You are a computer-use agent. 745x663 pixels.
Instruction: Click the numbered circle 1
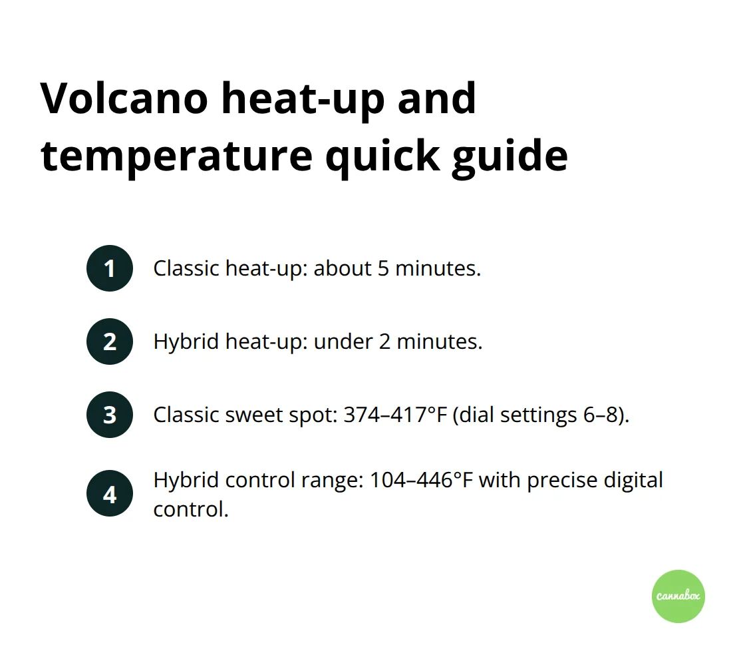coord(110,268)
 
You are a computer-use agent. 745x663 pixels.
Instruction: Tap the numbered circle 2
coord(110,341)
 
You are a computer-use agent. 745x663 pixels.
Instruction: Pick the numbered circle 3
coord(110,415)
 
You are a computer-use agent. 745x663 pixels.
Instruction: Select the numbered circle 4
coord(110,495)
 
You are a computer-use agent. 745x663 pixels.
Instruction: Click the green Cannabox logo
coord(678,596)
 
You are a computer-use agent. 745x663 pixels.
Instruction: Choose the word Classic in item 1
coord(186,269)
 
